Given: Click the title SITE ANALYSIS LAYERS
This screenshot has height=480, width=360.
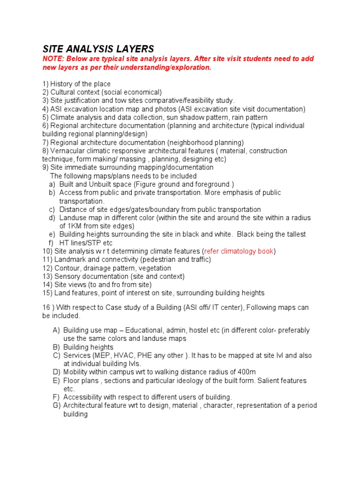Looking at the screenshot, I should [98, 49].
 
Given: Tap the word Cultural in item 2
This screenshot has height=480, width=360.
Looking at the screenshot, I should [64, 92].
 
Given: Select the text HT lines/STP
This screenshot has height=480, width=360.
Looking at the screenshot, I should [81, 243].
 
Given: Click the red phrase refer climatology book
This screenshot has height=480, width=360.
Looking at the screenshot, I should [239, 251].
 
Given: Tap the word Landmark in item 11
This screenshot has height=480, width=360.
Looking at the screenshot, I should [69, 260].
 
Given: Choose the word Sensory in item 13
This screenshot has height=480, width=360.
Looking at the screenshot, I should [67, 277].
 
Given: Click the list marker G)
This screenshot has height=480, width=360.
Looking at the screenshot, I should [56, 405].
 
